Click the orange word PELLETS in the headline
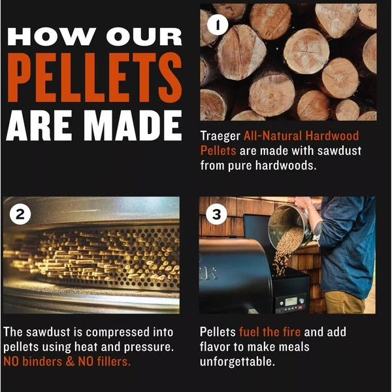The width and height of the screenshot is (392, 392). pos(95,78)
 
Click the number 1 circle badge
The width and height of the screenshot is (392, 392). pos(218,25)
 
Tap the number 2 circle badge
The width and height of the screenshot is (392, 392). pos(20,214)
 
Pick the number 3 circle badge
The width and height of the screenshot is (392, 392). pos(216,214)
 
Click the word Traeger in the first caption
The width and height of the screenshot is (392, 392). pos(220,137)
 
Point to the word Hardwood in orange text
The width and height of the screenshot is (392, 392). pos(333,136)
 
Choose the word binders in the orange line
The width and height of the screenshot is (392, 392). pos(42,362)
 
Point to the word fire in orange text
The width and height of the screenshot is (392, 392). pos(292,332)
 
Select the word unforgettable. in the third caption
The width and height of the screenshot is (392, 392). pos(237,362)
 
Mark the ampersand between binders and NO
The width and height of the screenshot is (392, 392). pos(71,362)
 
